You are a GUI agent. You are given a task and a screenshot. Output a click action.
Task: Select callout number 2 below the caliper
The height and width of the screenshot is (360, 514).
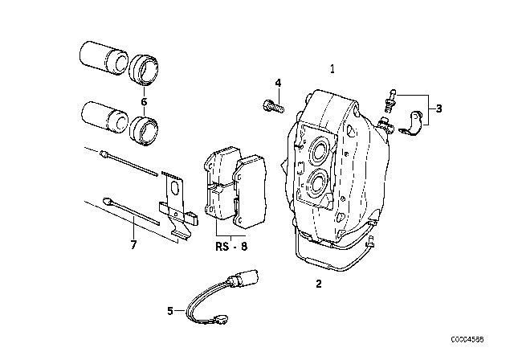pos(318,284)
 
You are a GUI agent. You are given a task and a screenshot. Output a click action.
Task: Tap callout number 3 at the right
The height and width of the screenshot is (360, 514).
pos(439,108)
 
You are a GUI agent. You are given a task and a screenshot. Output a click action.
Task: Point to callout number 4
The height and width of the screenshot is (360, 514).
pos(278,83)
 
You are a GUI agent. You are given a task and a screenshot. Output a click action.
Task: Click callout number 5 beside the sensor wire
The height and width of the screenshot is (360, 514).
pos(169,310)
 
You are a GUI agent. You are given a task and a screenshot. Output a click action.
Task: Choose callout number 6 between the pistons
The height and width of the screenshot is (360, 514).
pos(144,102)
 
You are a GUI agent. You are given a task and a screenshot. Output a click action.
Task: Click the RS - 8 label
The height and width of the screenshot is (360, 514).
pos(232,247)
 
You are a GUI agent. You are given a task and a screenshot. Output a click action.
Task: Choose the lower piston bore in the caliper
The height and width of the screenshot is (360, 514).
pos(315,184)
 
